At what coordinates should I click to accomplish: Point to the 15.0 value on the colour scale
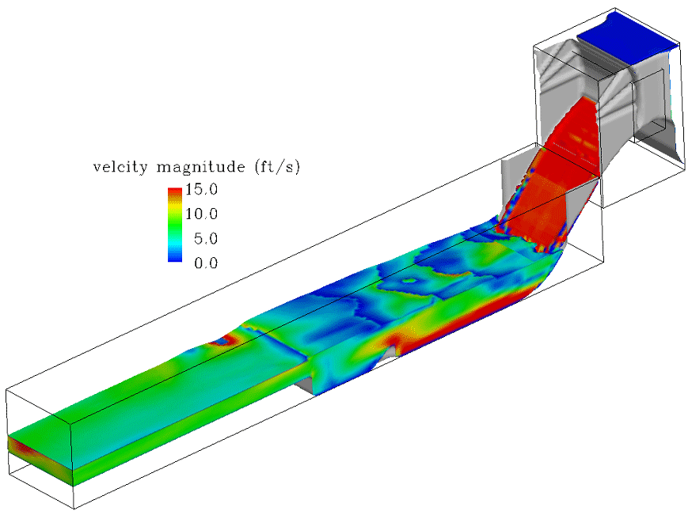[x=202, y=191]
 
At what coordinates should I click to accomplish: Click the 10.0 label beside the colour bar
[x=202, y=214]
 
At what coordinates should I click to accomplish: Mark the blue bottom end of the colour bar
[x=173, y=258]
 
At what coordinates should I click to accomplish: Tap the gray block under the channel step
[x=306, y=383]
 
